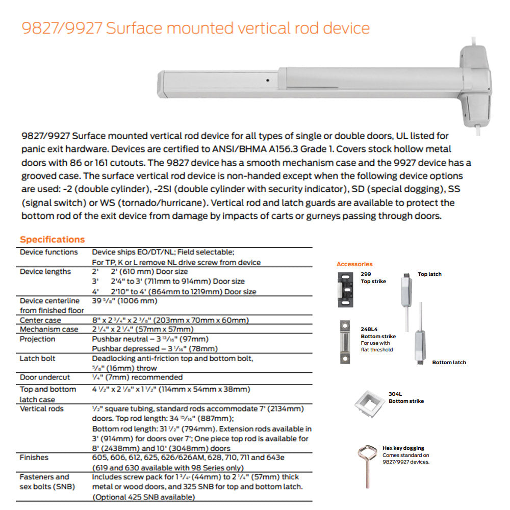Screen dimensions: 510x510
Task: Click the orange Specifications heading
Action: (52, 240)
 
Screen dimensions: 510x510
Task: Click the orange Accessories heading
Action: (354, 264)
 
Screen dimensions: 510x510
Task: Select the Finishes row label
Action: (34, 457)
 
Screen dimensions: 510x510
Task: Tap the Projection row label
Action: (37, 339)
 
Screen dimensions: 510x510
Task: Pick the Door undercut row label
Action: (45, 377)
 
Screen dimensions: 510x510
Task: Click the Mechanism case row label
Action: (49, 329)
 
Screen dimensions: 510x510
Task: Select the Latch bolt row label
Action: (37, 359)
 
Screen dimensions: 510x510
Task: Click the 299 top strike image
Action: (345, 289)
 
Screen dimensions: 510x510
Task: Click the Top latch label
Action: (429, 274)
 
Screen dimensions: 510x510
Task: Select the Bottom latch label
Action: (449, 363)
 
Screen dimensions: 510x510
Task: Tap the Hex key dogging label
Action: (403, 448)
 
